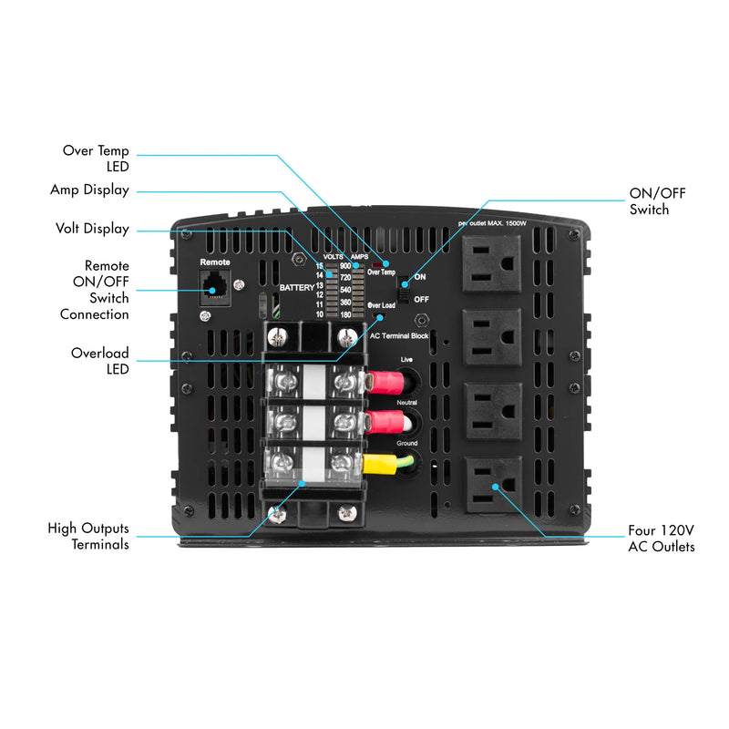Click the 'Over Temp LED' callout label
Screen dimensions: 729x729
tap(96, 158)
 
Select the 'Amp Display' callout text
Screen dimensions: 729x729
tap(89, 190)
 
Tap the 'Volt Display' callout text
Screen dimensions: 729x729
tap(92, 229)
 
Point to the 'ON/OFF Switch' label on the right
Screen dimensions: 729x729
tap(657, 201)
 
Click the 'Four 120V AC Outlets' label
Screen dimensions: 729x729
tap(661, 538)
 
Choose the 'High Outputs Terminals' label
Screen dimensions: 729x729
tap(88, 536)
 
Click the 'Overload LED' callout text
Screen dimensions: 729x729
tap(100, 360)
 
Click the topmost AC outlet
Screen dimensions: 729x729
tap(492, 262)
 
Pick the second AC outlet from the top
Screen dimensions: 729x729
tap(492, 336)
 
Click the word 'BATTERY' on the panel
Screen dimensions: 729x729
tap(296, 287)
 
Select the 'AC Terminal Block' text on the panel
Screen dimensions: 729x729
tap(399, 335)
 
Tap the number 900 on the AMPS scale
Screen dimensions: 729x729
tap(345, 266)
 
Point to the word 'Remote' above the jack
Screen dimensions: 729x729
tap(215, 262)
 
